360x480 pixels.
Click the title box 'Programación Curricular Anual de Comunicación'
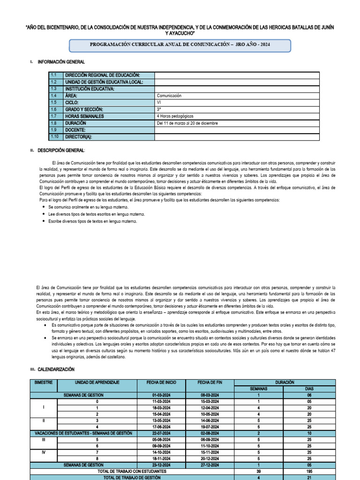[180, 45]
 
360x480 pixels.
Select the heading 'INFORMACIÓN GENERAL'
[61, 62]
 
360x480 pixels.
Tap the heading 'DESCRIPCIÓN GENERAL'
[61, 150]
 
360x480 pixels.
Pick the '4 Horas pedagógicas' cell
[175, 116]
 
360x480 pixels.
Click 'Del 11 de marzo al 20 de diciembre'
[187, 123]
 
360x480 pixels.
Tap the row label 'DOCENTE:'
[75, 130]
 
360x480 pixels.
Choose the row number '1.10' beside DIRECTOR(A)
[54, 137]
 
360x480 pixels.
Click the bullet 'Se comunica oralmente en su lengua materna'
[88, 207]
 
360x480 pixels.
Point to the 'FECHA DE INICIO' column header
[161, 382]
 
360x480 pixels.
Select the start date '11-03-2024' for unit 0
[161, 402]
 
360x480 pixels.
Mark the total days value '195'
[309, 471]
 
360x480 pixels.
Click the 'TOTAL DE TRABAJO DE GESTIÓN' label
[132, 477]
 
